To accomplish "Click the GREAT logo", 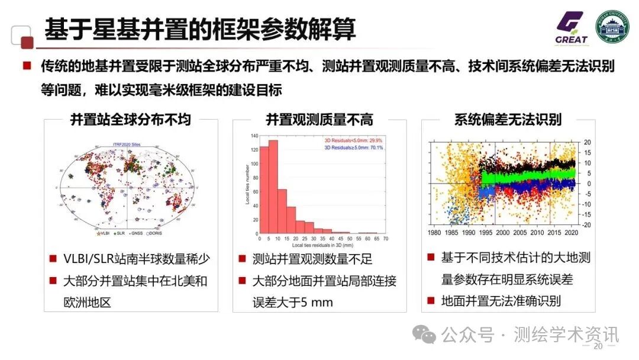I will click(x=571, y=28).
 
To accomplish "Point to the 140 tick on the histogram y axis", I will click(x=254, y=136).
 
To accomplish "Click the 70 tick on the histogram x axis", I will click(x=385, y=239).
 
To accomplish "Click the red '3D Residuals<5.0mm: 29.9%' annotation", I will click(x=353, y=140).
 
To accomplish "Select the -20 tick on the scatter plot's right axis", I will click(x=586, y=226).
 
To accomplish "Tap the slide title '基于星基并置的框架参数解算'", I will click(x=201, y=29).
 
